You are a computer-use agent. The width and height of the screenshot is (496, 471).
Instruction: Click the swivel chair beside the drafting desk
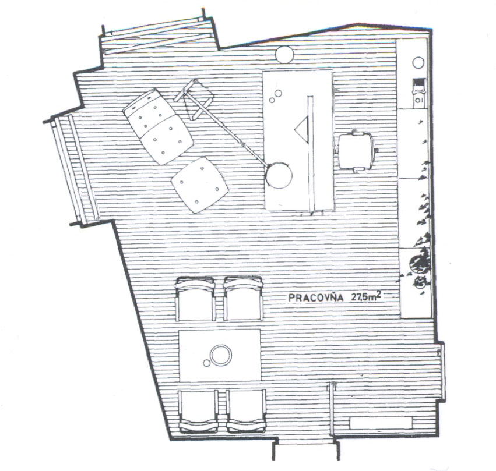coord(357,151)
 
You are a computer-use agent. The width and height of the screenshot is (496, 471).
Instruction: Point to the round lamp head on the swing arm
coord(279,175)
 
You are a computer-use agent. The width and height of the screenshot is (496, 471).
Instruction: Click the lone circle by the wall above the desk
coord(284,54)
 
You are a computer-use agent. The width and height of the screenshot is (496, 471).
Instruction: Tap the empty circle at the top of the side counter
coord(418,62)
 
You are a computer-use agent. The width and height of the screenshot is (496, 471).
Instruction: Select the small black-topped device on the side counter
coord(419,93)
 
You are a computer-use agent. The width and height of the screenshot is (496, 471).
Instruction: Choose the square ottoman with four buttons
coord(199,185)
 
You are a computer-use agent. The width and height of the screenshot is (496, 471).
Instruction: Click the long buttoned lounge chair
coord(158,126)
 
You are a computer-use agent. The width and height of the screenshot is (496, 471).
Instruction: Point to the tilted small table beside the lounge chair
coord(195,100)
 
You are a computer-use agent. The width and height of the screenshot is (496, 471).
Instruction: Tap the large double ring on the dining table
coord(220,355)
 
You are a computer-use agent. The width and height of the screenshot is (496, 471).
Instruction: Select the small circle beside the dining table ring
coord(206,363)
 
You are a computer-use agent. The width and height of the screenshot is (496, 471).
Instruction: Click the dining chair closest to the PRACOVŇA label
coord(243,299)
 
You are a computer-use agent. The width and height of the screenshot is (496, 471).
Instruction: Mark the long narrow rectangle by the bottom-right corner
coord(381,423)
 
